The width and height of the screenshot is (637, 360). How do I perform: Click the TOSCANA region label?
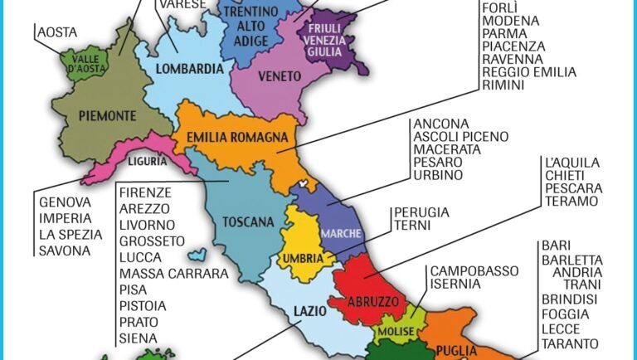pyautogui.click(x=246, y=221)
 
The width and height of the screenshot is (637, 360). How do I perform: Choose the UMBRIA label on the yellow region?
pyautogui.click(x=303, y=258)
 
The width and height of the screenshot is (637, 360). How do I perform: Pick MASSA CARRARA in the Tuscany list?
pyautogui.click(x=173, y=273)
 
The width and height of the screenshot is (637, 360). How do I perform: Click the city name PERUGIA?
pyautogui.click(x=421, y=212)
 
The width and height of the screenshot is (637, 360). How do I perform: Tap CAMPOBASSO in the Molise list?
pyautogui.click(x=474, y=270)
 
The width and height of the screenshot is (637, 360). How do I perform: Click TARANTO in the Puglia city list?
pyautogui.click(x=570, y=343)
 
